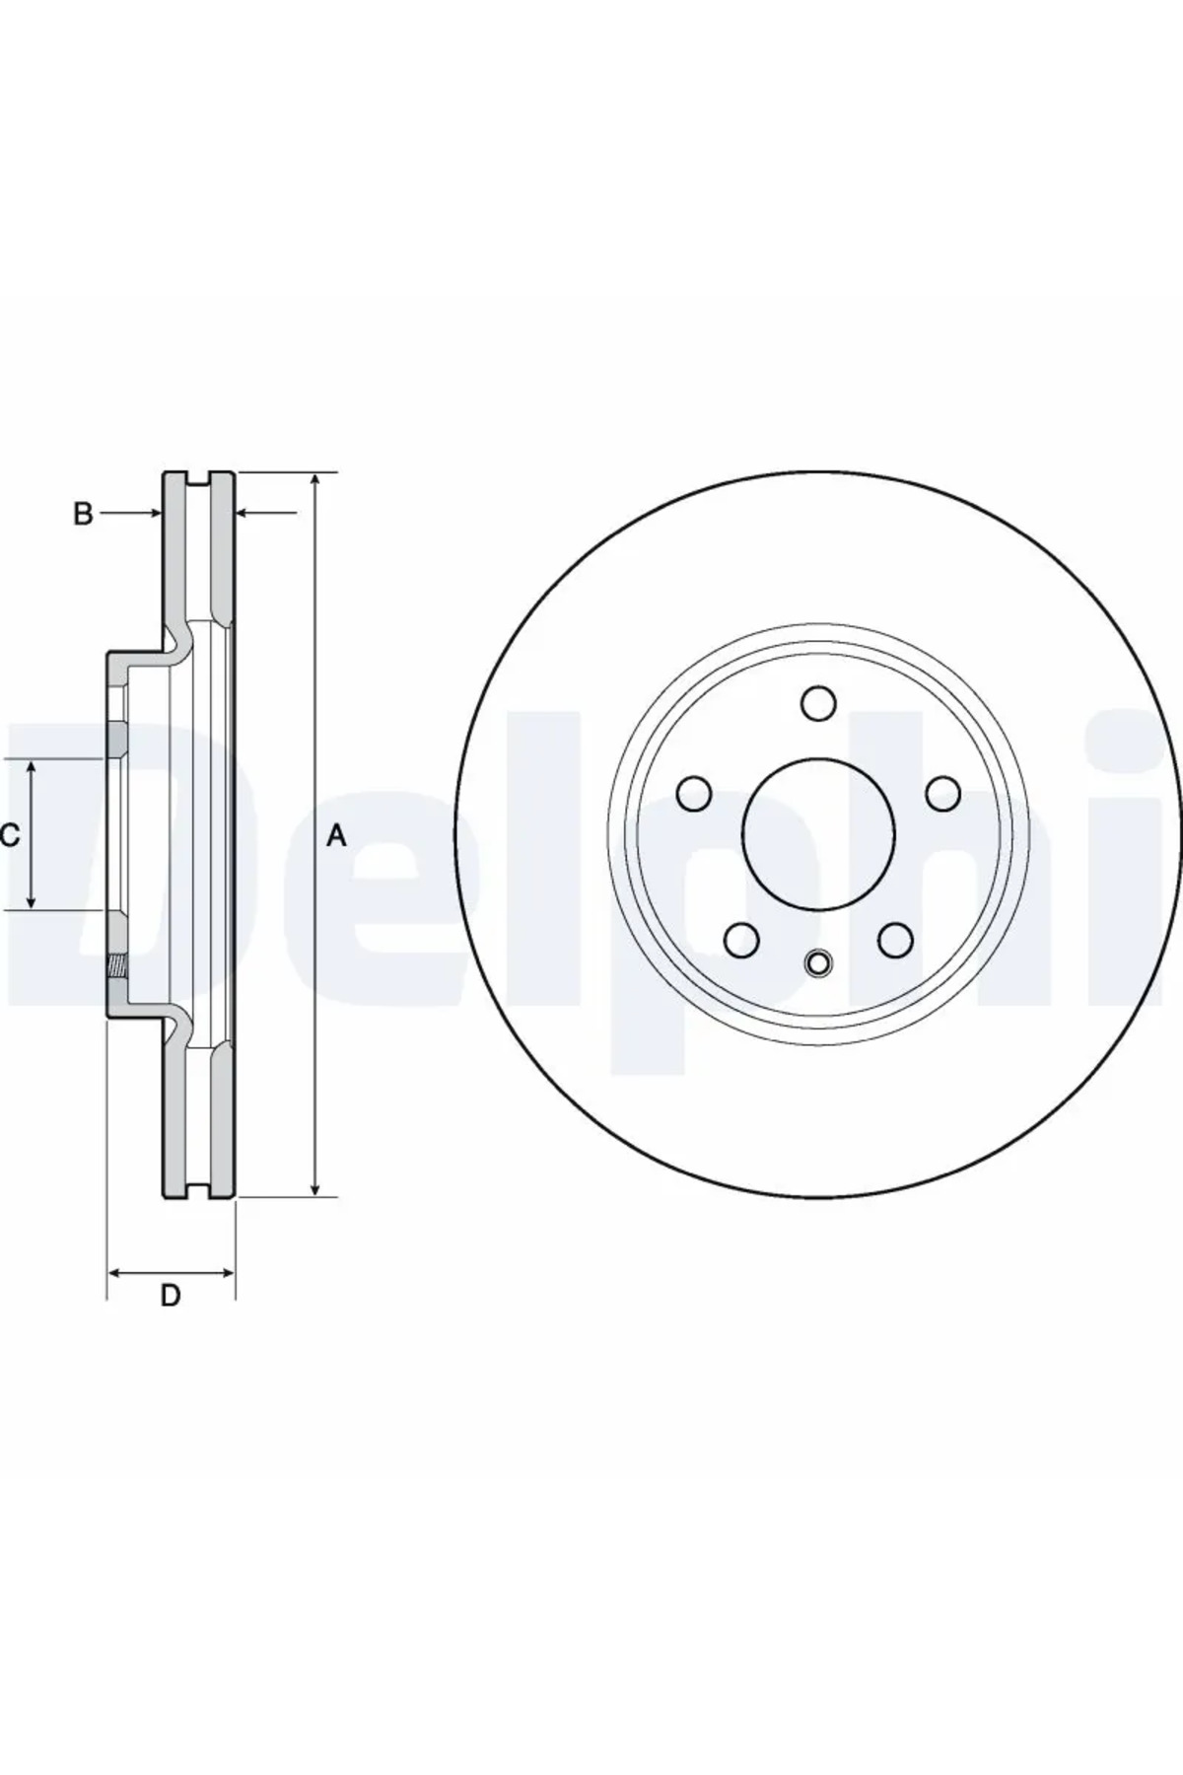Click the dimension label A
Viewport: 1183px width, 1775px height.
click(337, 837)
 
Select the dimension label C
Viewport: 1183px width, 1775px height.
click(9, 836)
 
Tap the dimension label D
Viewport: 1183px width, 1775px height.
click(171, 1296)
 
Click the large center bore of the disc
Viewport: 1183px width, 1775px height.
click(818, 834)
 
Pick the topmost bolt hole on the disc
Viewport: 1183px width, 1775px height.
click(818, 704)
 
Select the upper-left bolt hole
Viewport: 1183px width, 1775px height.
click(695, 793)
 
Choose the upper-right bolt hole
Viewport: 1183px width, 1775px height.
click(942, 793)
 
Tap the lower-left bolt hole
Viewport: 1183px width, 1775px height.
click(741, 940)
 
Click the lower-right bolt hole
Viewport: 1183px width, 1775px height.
click(895, 940)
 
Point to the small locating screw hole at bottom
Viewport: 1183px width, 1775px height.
click(818, 963)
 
